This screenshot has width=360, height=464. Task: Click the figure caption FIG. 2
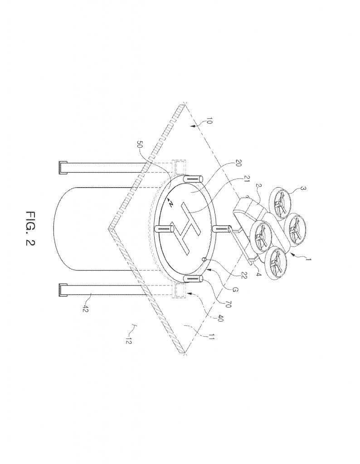click(x=30, y=228)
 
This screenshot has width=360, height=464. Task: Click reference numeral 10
click(x=209, y=121)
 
